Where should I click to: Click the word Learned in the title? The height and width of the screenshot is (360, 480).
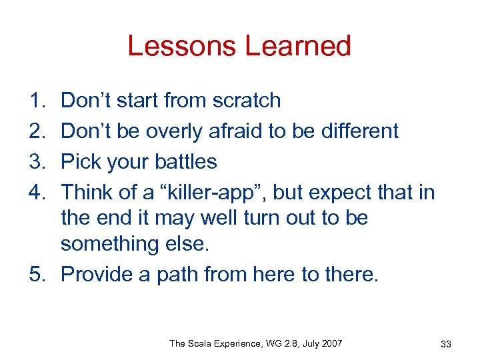pyautogui.click(x=298, y=46)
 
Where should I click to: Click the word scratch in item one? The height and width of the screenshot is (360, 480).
pyautogui.click(x=247, y=101)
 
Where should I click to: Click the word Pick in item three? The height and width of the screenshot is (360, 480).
pyautogui.click(x=79, y=162)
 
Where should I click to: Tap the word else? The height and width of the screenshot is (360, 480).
pyautogui.click(x=191, y=244)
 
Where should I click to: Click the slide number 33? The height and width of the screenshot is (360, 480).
pyautogui.click(x=446, y=344)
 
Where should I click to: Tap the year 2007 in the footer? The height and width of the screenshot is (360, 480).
pyautogui.click(x=331, y=343)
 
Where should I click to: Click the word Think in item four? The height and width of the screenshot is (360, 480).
pyautogui.click(x=85, y=193)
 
